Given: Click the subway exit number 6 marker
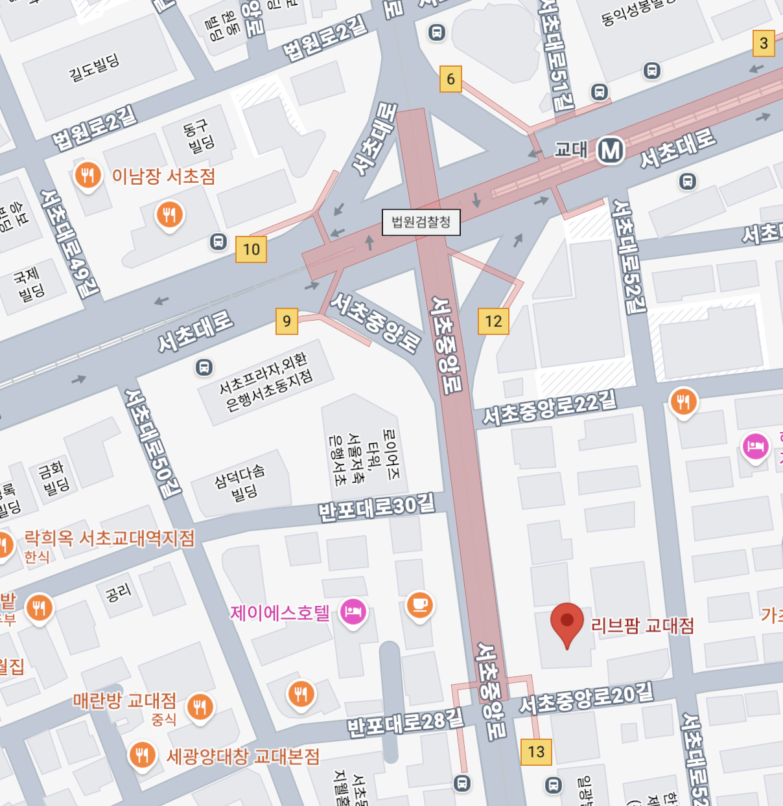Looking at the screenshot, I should click(x=450, y=79).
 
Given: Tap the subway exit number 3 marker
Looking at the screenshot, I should click(x=764, y=43).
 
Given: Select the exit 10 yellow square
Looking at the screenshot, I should click(x=251, y=249).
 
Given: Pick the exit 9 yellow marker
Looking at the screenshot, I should click(x=286, y=321).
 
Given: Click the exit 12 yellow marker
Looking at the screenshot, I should click(x=493, y=321).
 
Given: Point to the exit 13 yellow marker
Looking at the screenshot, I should click(x=536, y=752).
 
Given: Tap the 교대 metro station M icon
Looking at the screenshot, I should click(x=610, y=151).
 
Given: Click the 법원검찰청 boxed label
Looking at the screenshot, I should click(x=421, y=222).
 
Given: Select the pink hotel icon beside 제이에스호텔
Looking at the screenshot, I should click(x=353, y=611).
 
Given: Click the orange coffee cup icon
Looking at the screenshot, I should click(x=419, y=605).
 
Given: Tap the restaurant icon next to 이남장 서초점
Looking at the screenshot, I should click(x=88, y=175).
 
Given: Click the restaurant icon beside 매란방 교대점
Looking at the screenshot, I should click(x=199, y=706).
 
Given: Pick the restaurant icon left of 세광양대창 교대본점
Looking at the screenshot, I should click(x=142, y=755).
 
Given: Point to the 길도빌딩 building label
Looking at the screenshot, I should click(x=95, y=67).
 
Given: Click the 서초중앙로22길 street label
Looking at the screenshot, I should click(x=549, y=409).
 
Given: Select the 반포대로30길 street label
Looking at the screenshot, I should click(x=376, y=507).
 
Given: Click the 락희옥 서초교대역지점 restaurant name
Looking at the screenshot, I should click(x=109, y=538).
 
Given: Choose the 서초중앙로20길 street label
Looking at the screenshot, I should click(x=586, y=698).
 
